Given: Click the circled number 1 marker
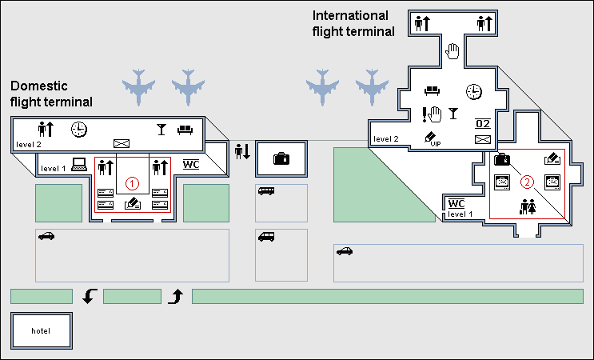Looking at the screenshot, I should click(x=133, y=182).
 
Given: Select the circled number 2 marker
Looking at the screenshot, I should click(x=527, y=182).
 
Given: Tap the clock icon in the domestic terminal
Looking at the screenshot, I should click(x=79, y=129).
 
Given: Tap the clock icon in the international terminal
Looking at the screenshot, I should click(x=474, y=91).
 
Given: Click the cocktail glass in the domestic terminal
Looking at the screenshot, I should click(x=161, y=128).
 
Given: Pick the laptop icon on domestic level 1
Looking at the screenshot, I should click(x=78, y=165).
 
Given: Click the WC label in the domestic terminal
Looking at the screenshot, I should click(x=192, y=165).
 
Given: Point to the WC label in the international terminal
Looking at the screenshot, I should click(x=456, y=203).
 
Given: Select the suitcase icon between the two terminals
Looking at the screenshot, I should click(x=281, y=158).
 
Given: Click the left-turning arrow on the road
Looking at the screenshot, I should click(x=90, y=297).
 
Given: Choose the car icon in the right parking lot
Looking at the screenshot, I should click(x=345, y=251).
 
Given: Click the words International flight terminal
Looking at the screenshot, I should click(x=353, y=24).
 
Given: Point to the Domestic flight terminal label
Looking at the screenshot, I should click(x=51, y=94).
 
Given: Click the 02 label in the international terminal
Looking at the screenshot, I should click(x=482, y=123).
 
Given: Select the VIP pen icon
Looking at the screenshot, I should click(x=432, y=138).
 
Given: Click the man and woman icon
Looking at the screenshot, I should click(x=528, y=206).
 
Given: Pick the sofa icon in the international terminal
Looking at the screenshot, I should click(x=433, y=90).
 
